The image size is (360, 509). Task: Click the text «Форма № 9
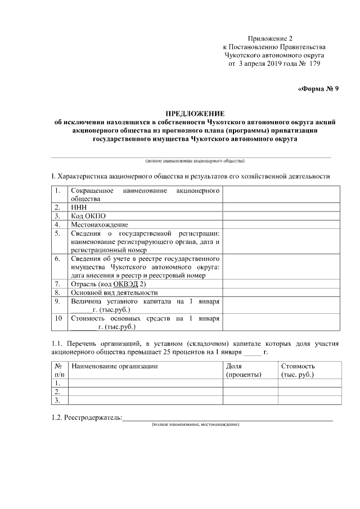coord(318,88)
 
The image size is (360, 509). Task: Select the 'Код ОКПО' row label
coord(88,215)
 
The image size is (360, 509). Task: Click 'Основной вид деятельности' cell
coord(114,292)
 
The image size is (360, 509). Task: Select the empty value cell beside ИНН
coord(281,207)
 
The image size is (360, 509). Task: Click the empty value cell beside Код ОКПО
coord(281,215)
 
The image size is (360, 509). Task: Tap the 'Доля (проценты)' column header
coord(244,370)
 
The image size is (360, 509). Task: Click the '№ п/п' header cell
coord(59,370)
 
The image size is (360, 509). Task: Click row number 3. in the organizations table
coord(57,400)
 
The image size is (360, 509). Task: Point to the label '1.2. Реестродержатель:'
coord(87,417)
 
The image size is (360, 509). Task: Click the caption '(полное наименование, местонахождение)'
coord(195,424)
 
